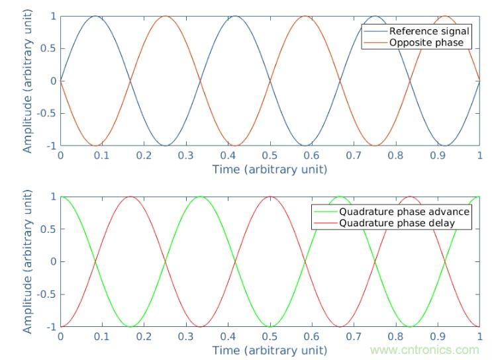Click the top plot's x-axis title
point(270,169)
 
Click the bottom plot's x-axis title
point(270,349)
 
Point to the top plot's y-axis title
point(27,81)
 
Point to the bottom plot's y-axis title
point(27,261)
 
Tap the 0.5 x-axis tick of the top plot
point(270,156)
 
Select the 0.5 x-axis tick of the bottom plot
point(270,336)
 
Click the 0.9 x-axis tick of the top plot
point(438,156)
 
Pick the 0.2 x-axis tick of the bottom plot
point(144,336)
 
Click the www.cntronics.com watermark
point(424,350)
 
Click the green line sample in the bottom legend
point(325,212)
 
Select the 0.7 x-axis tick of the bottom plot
point(354,336)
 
